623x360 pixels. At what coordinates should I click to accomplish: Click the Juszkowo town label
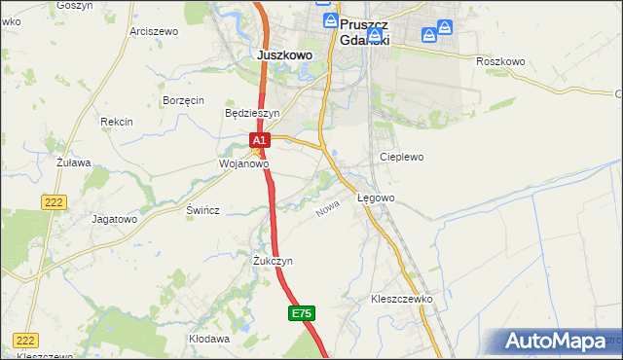[285, 55]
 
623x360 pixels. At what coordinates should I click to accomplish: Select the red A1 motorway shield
[258, 141]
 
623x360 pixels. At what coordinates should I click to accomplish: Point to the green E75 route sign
[302, 313]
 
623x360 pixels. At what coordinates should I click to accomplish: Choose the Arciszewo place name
[154, 31]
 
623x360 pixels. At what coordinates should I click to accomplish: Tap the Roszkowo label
[500, 61]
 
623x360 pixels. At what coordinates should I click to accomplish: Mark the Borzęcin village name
[183, 100]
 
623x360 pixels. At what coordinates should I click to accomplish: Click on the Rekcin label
[116, 122]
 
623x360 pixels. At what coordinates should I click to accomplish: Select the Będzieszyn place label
[252, 113]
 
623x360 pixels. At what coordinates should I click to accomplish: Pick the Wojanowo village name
[242, 164]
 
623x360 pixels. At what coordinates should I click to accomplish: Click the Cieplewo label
[398, 156]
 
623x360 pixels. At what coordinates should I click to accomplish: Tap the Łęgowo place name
[376, 198]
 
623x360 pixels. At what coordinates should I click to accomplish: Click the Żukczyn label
[273, 262]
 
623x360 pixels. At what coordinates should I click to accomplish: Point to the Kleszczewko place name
[401, 299]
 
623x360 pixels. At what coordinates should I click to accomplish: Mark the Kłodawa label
[209, 339]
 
